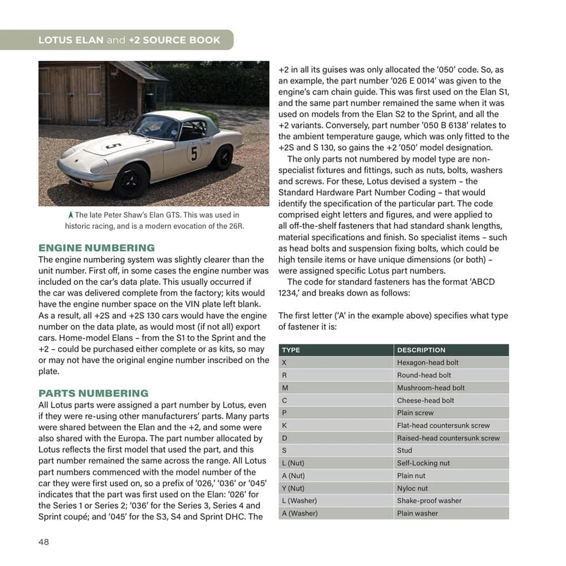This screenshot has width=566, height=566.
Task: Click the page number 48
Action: click(44, 542)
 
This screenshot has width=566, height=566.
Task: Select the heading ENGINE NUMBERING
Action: click(96, 248)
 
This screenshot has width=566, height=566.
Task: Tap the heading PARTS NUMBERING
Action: click(93, 393)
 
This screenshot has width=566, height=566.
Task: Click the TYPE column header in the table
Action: click(291, 350)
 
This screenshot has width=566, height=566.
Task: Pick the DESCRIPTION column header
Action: click(421, 350)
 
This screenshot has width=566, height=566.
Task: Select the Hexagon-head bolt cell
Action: click(427, 363)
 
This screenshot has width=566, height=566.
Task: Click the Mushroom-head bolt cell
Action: click(430, 388)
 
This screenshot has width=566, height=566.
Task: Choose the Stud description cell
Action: click(404, 450)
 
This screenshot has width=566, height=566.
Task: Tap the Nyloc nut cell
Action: click(412, 488)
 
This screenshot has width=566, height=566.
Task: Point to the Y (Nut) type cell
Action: click(293, 488)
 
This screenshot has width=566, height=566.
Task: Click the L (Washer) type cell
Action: click(299, 501)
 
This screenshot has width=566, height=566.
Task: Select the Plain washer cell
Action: click(417, 514)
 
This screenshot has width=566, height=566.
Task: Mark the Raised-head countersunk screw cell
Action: click(448, 438)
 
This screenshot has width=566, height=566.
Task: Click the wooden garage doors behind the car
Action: click(71, 94)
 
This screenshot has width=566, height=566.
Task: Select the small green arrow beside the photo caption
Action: click(71, 215)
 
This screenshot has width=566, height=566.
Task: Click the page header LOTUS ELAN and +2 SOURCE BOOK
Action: click(129, 40)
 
